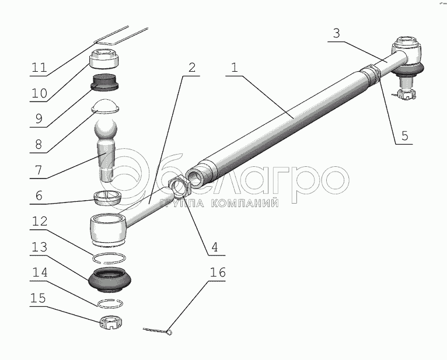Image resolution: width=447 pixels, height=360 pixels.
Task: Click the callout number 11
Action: pyautogui.click(x=39, y=68)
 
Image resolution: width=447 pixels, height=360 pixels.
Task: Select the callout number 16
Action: pyautogui.click(x=218, y=272)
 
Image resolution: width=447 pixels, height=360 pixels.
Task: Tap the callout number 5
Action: pyautogui.click(x=404, y=136)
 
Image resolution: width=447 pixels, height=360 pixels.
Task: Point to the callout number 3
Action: pyautogui.click(x=336, y=33)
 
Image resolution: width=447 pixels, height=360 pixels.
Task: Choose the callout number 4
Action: pyautogui.click(x=214, y=247)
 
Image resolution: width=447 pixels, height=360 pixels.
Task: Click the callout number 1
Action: pyautogui.click(x=235, y=68)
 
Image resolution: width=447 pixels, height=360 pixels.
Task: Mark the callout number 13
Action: pyautogui.click(x=39, y=247)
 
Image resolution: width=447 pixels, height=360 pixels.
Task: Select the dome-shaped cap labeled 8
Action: pyautogui.click(x=105, y=106)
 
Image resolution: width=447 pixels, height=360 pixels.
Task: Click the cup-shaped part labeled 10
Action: pyautogui.click(x=104, y=58)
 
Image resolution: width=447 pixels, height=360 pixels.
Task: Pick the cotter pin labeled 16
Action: pyautogui.click(x=158, y=331)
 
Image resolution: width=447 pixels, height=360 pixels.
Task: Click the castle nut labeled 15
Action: pyautogui.click(x=111, y=322)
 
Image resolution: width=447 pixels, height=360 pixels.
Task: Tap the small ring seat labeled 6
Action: pyautogui.click(x=108, y=198)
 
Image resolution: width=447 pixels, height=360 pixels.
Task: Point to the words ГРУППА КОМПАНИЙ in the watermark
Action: pyautogui.click(x=219, y=203)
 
